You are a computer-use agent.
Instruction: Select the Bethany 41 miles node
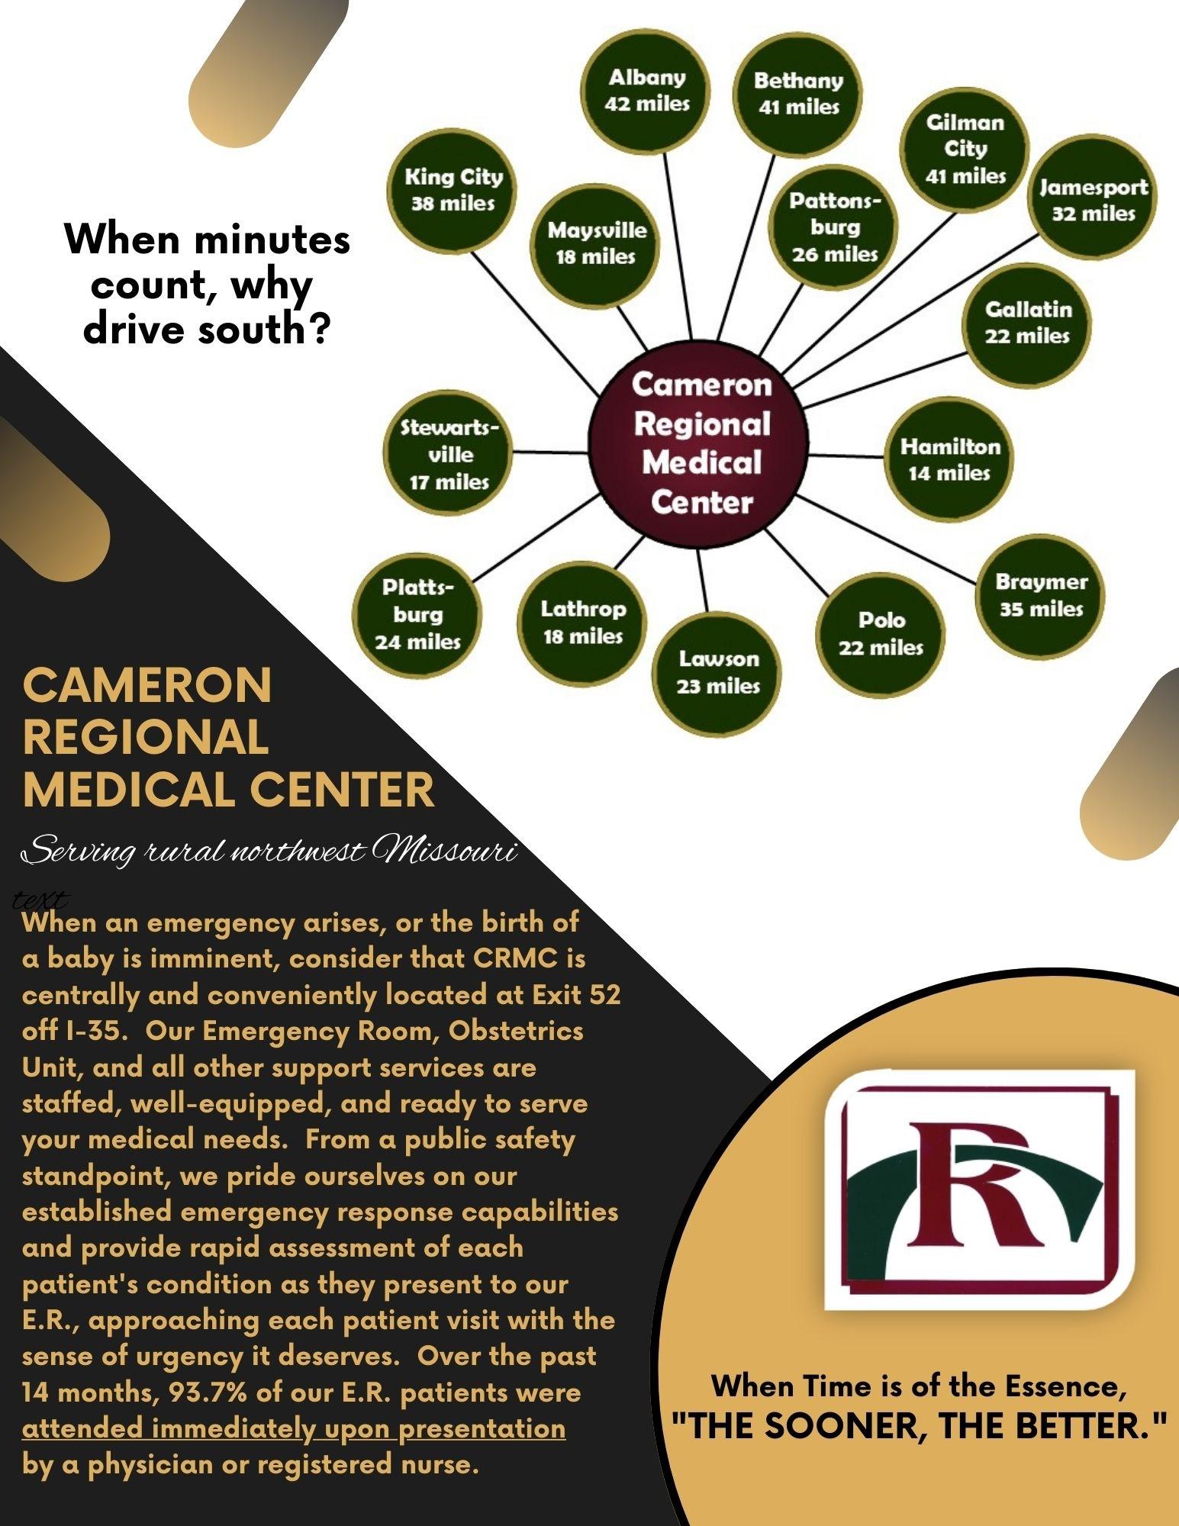[x=798, y=94]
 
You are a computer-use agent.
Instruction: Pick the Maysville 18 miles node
[x=596, y=243]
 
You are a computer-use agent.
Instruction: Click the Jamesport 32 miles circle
[x=1094, y=200]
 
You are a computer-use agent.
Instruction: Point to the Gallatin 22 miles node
[x=1027, y=323]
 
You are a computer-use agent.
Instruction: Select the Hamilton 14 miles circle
[x=949, y=459]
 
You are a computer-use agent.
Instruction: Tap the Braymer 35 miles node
[x=1041, y=595]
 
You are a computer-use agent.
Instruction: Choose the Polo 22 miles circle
[x=881, y=633]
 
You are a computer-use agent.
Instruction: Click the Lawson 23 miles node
[x=718, y=671]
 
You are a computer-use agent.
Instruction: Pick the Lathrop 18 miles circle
[x=583, y=622]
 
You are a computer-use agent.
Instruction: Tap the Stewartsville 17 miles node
[x=450, y=455]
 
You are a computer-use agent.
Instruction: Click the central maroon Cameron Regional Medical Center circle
[x=701, y=443]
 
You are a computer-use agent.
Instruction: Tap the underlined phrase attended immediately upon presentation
[x=294, y=1428]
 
